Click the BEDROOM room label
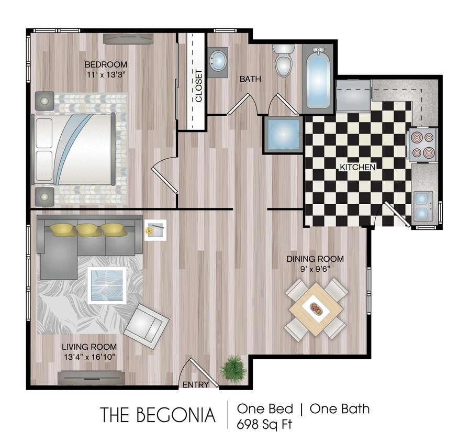tap(106, 65)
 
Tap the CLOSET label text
tap(199, 86)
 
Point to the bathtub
tap(317, 79)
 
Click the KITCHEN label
tap(358, 167)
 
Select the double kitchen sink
tap(423, 206)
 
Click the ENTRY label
tap(196, 384)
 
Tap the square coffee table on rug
tap(107, 285)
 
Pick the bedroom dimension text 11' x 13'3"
tap(107, 74)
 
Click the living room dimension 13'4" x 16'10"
tap(89, 357)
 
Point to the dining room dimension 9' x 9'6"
tap(315, 268)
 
